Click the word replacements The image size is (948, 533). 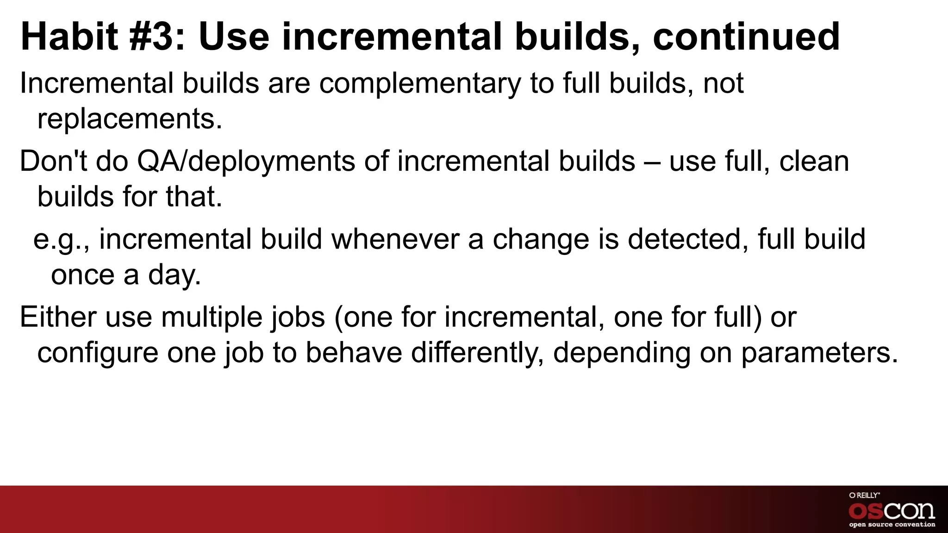pyautogui.click(x=130, y=119)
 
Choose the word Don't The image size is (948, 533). pyautogui.click(x=53, y=161)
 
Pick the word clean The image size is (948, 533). pyautogui.click(x=814, y=161)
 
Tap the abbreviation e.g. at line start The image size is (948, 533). pyautogui.click(x=60, y=240)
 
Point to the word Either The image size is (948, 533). pyautogui.click(x=58, y=317)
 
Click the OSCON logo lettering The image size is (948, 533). pyautogui.click(x=892, y=510)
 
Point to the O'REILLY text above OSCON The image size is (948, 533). pyautogui.click(x=864, y=495)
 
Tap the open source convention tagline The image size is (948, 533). pyautogui.click(x=892, y=525)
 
